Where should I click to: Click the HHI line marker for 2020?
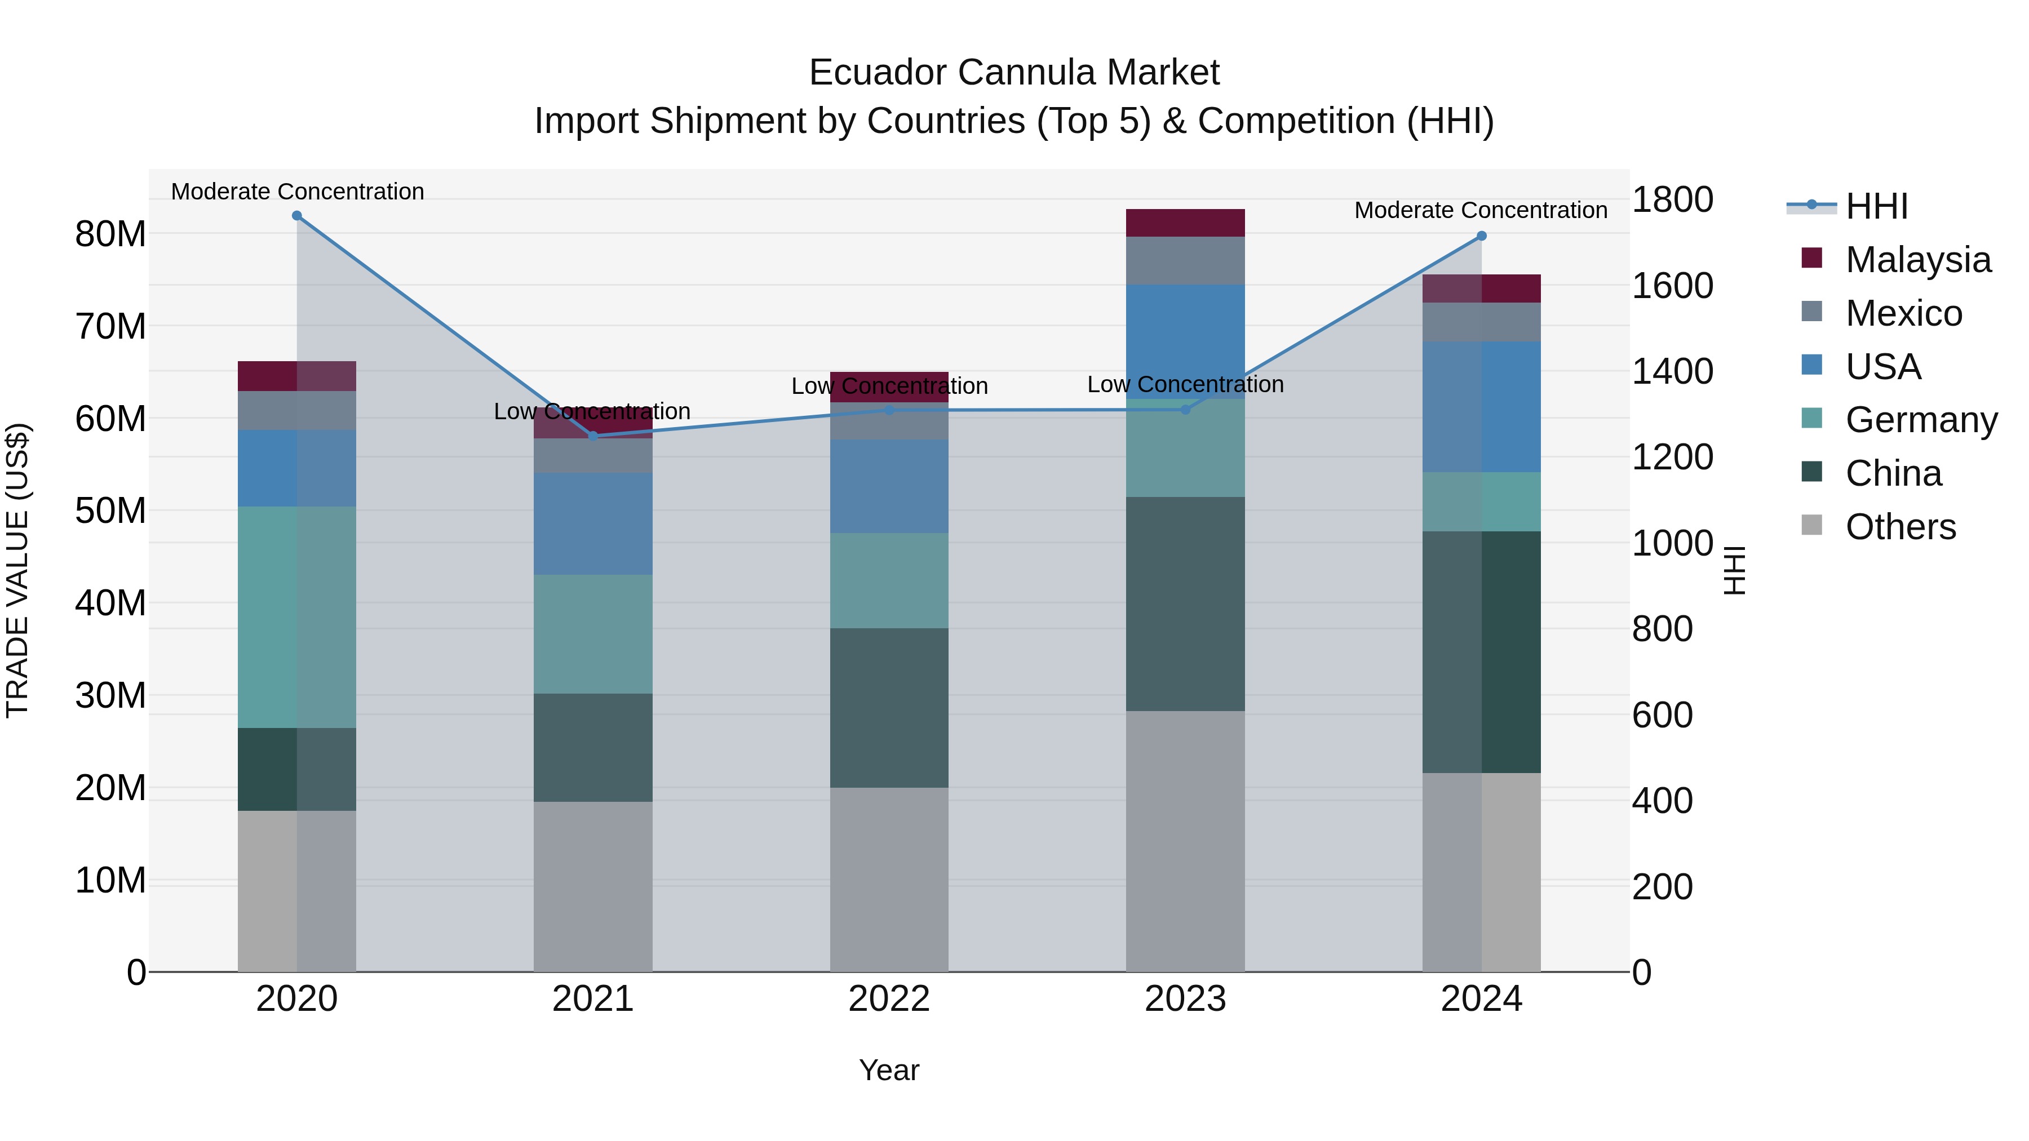297,216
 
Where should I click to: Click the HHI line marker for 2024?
1482,236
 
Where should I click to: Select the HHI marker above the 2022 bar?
889,410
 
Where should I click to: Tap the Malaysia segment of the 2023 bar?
1185,223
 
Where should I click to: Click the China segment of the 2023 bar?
1185,604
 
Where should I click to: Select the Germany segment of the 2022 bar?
889,580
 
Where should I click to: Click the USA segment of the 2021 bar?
592,523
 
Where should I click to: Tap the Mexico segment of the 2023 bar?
1185,261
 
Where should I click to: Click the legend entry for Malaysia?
1917,260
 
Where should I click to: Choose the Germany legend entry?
1920,420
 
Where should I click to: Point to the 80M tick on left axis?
110,234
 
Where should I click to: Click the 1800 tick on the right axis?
1672,199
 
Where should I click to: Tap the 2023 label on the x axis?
1185,999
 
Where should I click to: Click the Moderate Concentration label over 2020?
297,192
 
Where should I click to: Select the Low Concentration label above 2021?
592,411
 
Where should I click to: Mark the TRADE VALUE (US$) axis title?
17,570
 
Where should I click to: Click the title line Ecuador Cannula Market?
1014,73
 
